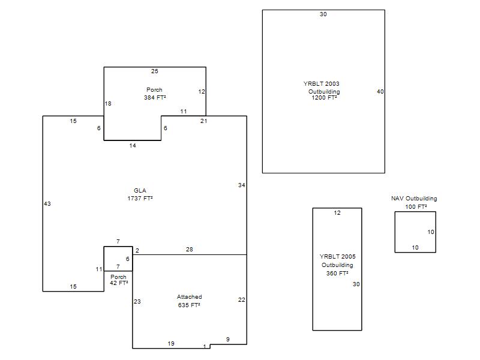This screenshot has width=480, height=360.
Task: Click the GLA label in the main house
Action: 140,190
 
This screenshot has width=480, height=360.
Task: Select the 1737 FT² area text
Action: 140,199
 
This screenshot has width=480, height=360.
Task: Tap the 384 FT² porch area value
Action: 155,98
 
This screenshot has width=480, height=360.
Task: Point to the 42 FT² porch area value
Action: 119,283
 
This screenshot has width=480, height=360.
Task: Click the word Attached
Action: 189,297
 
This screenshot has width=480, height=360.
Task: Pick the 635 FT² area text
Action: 189,305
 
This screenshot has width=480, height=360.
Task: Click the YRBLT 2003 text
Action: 321,83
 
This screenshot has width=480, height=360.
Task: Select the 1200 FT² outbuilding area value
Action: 324,98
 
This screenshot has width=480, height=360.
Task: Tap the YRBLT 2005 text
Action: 337,257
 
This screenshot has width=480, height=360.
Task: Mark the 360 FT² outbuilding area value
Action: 337,274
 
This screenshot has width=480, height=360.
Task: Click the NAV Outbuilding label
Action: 414,199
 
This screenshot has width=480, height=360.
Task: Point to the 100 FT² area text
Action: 416,207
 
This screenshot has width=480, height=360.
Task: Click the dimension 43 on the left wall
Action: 47,204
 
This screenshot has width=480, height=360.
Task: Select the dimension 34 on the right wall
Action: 242,185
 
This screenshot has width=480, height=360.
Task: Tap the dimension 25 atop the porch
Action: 155,71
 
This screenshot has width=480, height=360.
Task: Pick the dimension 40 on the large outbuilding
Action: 380,92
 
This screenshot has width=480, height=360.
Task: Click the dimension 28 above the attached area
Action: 190,250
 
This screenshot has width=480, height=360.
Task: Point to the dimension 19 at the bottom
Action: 171,344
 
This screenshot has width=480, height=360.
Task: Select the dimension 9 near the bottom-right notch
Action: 228,340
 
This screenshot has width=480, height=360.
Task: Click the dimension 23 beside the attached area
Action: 137,302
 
